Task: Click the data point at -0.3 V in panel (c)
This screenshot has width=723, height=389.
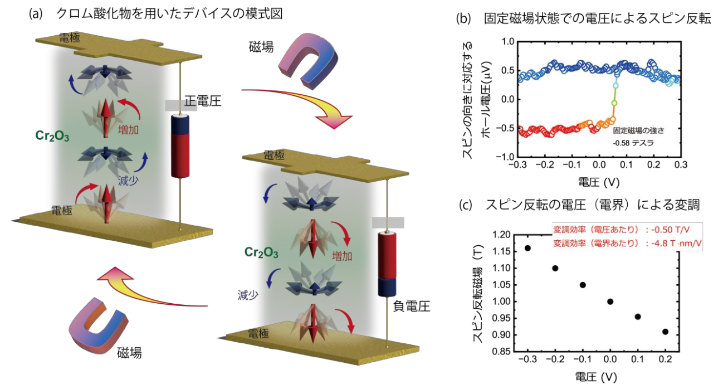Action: (527, 247)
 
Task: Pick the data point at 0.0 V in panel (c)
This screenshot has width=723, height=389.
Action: (610, 302)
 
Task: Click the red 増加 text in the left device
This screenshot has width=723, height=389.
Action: (128, 129)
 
